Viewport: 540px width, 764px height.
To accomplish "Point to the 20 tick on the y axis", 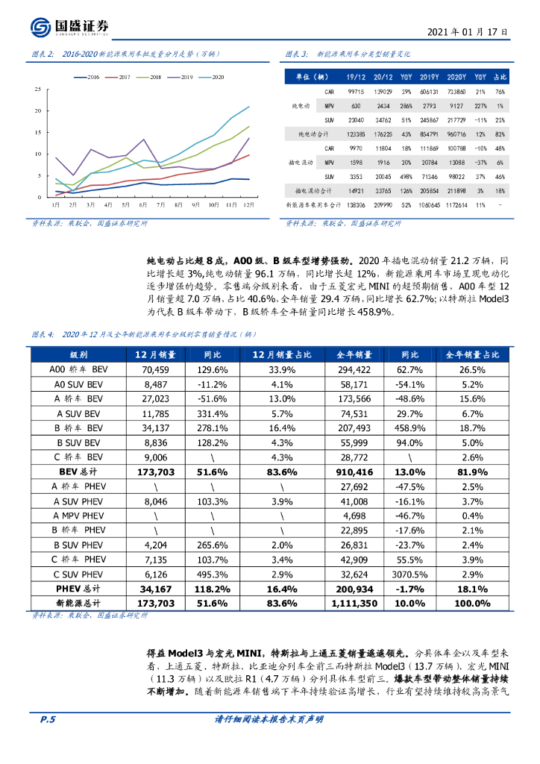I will point(38,110).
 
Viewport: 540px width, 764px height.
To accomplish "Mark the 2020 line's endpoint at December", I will point(249,106).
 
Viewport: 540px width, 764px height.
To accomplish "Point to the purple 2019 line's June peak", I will point(143,140).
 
